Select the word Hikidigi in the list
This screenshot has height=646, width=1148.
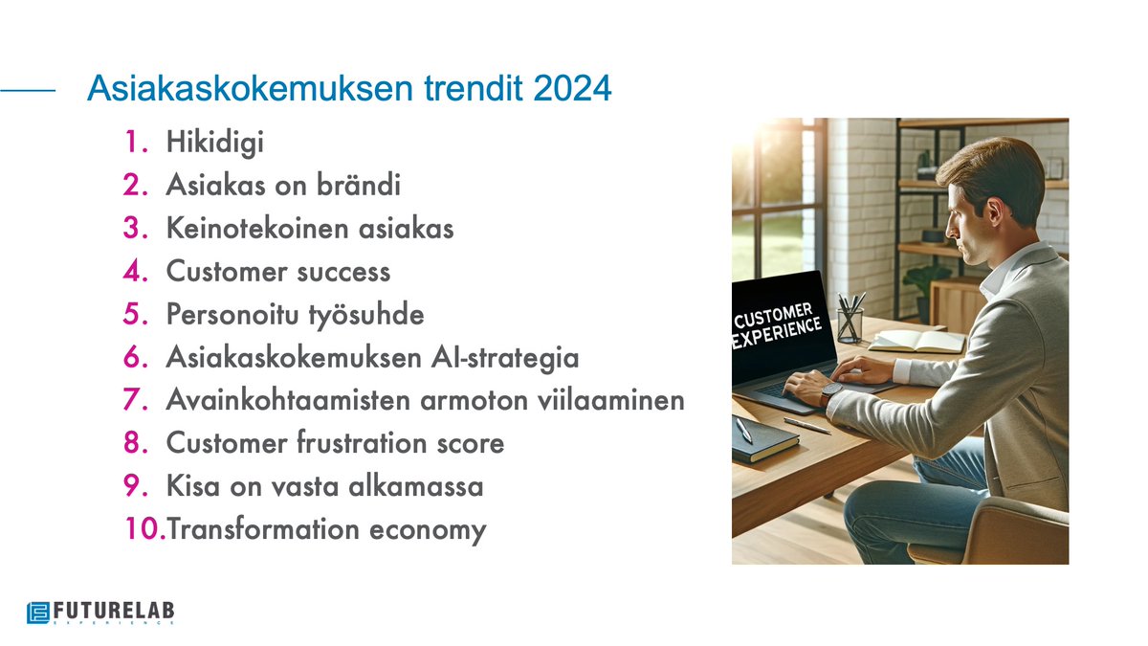[x=214, y=144]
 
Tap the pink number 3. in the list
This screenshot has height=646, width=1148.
[x=134, y=230]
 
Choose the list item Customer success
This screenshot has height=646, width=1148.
[x=277, y=273]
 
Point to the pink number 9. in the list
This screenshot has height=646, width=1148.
[x=134, y=486]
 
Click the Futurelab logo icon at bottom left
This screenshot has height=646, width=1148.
[x=38, y=612]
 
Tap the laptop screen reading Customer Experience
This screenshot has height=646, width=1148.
[x=778, y=325]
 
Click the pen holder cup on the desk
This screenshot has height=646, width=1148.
[x=849, y=323]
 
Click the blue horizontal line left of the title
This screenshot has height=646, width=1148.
[x=29, y=91]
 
